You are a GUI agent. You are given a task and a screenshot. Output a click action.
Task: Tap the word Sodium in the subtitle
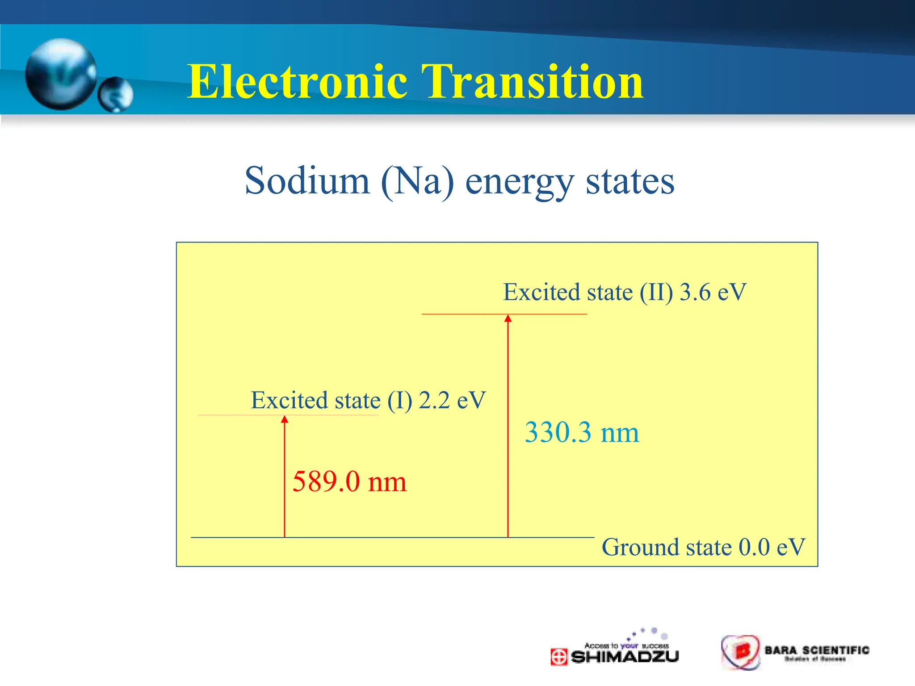307,181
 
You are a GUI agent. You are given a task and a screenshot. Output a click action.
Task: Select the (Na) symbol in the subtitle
417,181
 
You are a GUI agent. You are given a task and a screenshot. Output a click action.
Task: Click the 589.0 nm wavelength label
349,481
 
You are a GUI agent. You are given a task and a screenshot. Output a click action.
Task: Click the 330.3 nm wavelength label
582,432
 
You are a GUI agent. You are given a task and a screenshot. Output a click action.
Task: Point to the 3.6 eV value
713,292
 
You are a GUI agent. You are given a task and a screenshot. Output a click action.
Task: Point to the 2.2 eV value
452,400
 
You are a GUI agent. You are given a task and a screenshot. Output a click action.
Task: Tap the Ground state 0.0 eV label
703,547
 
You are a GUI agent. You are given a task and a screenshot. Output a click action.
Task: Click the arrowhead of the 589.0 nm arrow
285,419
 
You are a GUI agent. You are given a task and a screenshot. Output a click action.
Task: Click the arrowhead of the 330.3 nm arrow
508,318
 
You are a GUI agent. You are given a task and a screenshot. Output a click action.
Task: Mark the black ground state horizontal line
393,537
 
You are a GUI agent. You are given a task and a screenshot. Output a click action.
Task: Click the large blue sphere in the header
61,74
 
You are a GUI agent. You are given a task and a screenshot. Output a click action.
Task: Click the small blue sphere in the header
116,94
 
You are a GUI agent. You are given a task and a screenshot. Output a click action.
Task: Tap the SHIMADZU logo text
625,657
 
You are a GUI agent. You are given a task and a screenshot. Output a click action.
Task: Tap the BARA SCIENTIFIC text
817,650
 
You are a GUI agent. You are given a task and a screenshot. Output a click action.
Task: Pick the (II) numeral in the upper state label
656,292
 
